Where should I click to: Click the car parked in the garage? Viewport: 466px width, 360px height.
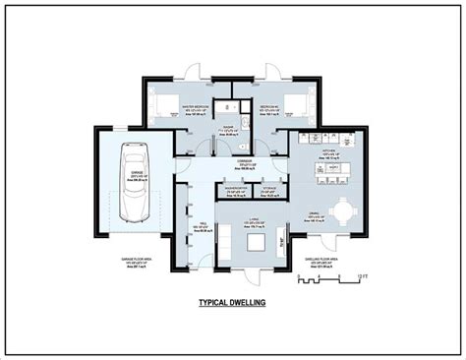click(x=132, y=181)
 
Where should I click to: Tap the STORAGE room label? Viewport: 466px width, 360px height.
click(x=269, y=184)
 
